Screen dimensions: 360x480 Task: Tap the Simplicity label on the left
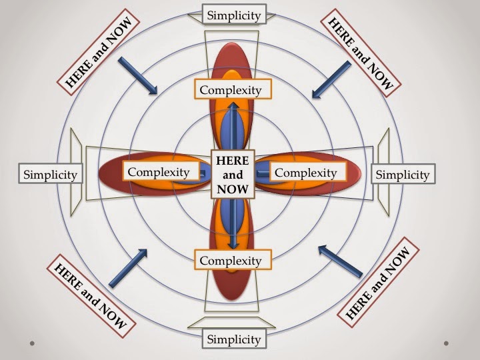50,175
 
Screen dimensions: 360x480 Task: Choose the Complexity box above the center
229,89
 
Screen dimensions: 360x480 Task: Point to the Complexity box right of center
305,172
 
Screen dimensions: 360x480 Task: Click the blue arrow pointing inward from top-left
137,75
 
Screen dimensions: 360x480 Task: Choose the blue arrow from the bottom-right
339,261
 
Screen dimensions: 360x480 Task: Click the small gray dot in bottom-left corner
32,343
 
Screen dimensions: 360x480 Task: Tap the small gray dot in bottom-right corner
445,343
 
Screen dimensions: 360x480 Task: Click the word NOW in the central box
232,190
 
